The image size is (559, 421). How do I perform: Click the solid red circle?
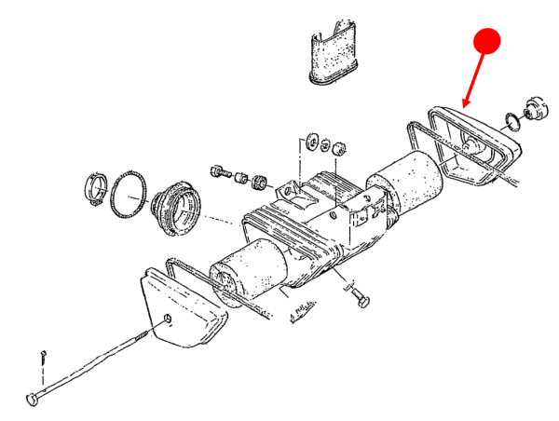(x=487, y=41)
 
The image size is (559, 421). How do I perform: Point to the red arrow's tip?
(x=464, y=105)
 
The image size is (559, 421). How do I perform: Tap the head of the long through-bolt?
(x=34, y=399)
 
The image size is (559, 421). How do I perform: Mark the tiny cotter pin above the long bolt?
(x=44, y=356)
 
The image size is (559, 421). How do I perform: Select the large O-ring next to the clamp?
(x=129, y=194)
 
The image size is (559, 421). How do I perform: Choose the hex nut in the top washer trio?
(x=340, y=147)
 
